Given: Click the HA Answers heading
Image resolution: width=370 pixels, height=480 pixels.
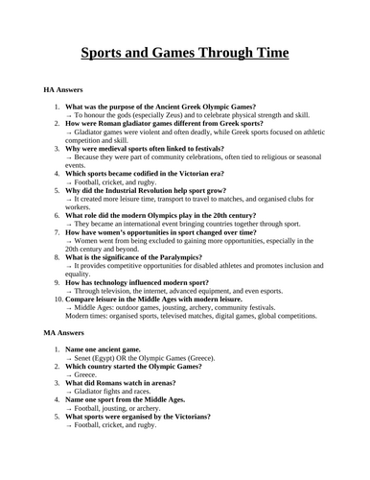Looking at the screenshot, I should point(64,88).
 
